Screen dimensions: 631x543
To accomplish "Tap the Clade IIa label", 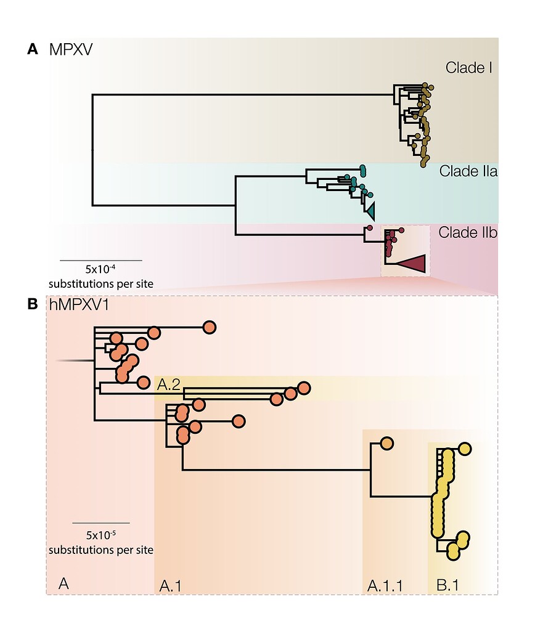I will (x=468, y=171).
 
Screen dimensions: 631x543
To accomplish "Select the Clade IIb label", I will (x=468, y=233).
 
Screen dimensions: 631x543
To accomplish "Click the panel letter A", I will (x=33, y=49).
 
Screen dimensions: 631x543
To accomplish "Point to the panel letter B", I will (x=33, y=304).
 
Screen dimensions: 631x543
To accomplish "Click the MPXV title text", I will (x=70, y=49).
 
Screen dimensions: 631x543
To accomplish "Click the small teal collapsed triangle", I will (x=370, y=211).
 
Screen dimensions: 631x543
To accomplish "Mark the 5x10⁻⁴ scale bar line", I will (x=100, y=261).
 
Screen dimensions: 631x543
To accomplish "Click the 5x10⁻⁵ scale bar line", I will (x=100, y=523).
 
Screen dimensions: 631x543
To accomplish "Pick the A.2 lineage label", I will (x=168, y=385).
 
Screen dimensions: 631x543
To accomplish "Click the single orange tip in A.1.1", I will (x=386, y=443).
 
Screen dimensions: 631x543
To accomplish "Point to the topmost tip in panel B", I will (x=209, y=327).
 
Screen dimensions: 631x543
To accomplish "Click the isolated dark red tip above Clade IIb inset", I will (x=369, y=228).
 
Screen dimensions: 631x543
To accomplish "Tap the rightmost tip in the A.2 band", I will (x=303, y=388).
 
